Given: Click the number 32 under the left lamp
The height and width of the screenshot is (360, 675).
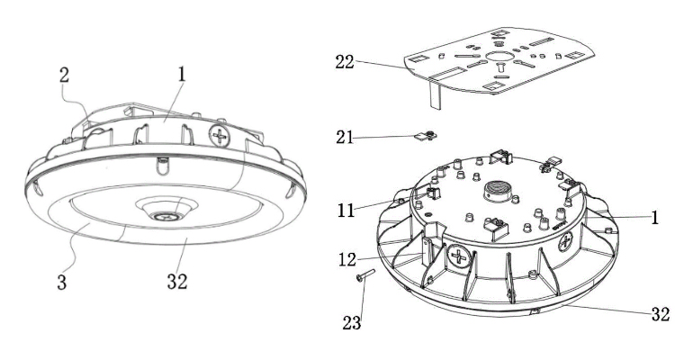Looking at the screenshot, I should click(176, 281).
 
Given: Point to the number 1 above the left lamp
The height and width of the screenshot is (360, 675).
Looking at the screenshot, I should click(182, 74).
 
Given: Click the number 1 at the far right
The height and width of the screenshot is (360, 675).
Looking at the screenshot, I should click(656, 219).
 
